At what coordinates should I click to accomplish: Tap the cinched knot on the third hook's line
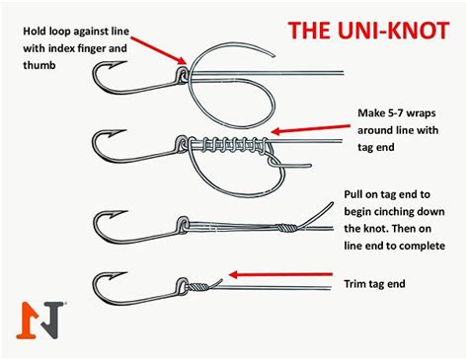[x=284, y=226]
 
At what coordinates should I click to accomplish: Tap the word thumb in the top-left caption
[x=38, y=64]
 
